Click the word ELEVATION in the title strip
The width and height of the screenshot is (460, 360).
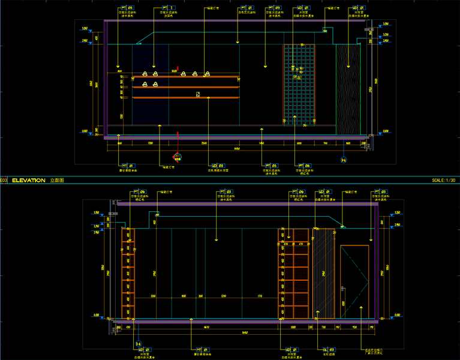tap(28, 180)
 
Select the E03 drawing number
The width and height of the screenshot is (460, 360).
tap(4, 180)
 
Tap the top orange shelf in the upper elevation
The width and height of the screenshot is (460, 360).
tap(186, 77)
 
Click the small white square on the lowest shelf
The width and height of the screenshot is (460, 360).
tap(197, 94)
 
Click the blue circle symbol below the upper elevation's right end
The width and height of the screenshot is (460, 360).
tap(343, 160)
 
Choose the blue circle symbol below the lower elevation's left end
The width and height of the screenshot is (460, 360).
tap(139, 344)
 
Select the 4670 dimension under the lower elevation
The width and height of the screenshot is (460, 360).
tap(205, 326)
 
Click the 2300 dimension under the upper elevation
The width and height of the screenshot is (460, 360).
tap(204, 143)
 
